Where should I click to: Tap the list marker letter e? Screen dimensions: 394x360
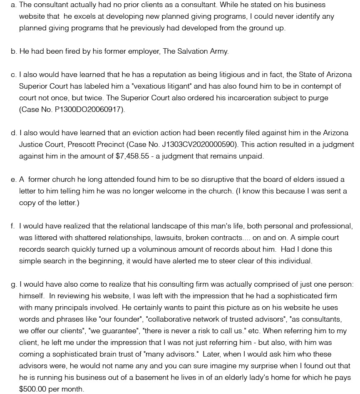tap(13, 179)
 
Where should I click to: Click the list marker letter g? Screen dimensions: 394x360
tap(13, 284)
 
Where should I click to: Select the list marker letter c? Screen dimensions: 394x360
tap(13, 74)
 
